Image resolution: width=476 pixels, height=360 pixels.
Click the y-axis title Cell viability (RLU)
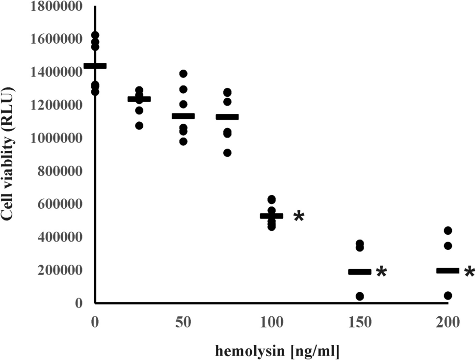pos(8,155)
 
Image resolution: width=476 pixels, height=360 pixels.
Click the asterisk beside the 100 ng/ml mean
pos(299,217)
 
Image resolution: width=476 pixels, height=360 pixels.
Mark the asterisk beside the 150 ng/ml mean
pos(381,272)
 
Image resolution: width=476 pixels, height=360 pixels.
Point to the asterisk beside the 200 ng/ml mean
pos(470,272)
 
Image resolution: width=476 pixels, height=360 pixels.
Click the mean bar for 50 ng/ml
pos(183,116)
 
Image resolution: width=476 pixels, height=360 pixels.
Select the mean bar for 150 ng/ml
pos(360,272)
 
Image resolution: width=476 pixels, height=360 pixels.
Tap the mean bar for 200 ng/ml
pos(448,271)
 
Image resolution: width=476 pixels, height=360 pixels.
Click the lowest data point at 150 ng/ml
pos(360,296)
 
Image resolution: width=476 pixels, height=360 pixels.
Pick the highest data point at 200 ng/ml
pos(448,230)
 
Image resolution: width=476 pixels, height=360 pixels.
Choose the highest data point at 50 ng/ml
pos(183,74)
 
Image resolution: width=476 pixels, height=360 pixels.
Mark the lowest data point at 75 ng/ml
pos(227,153)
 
